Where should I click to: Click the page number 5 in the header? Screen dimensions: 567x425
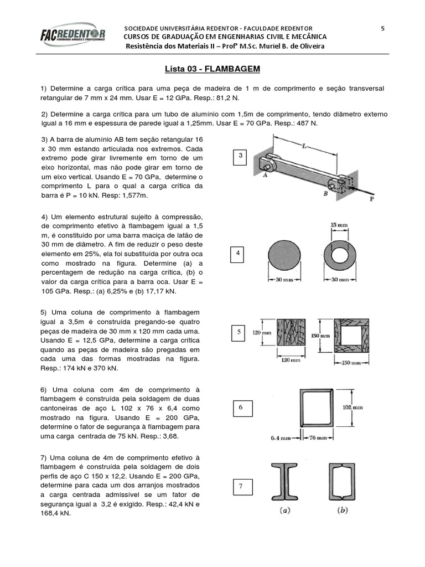click(x=382, y=28)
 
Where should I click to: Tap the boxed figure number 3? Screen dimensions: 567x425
click(x=241, y=157)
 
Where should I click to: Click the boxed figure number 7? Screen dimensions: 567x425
click(x=241, y=487)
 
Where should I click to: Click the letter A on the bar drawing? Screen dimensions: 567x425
click(x=265, y=175)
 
